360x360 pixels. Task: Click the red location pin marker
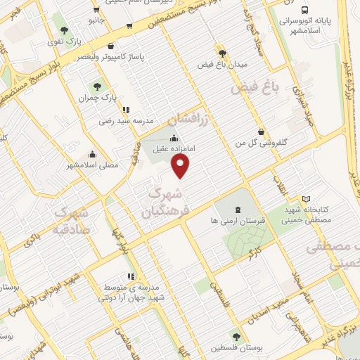coord(181,166)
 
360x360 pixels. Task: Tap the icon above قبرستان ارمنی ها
coord(237,210)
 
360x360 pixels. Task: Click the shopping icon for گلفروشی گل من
coord(262,131)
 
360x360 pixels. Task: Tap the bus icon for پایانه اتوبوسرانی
coord(304,10)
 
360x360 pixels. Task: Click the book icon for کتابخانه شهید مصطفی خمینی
coord(304,199)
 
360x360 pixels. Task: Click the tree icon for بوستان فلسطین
coord(236,337)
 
